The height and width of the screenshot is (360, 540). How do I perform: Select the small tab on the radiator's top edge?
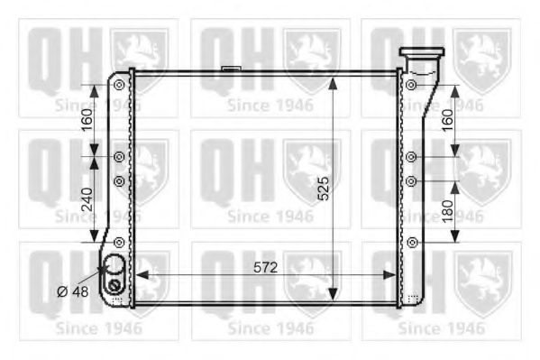[x=230, y=67]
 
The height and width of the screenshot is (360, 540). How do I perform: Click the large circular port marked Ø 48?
[x=114, y=268]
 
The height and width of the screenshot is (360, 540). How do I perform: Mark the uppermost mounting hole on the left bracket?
[x=119, y=85]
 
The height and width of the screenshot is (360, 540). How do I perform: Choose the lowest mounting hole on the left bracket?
[x=119, y=241]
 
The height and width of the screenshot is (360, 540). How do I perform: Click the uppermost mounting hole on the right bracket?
[x=411, y=85]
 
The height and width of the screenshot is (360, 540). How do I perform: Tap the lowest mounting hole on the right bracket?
[x=411, y=241]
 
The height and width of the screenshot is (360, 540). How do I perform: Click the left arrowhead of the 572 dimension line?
[x=139, y=276]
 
